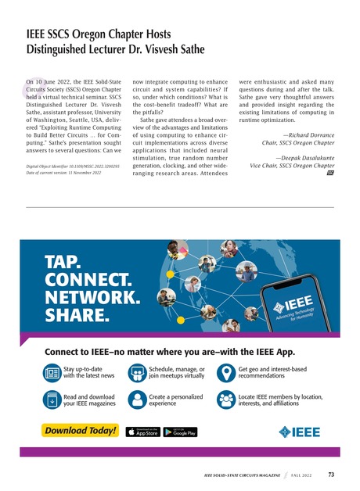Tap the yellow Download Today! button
pos(81,431)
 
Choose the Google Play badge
pos(180,431)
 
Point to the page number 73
pos(331,474)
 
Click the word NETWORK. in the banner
pos(93,298)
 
